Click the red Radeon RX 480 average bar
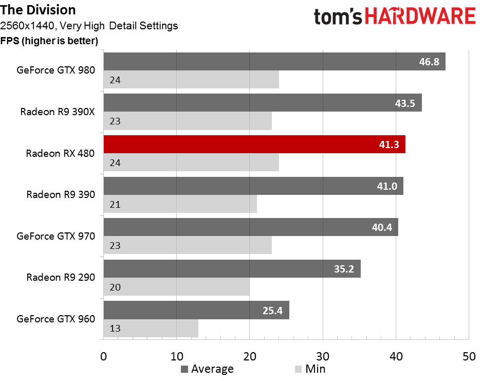coord(254,144)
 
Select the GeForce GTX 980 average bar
coord(274,62)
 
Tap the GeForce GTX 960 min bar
coord(151,329)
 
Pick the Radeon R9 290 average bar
coord(232,269)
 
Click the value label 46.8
coord(429,62)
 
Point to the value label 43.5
coord(405,103)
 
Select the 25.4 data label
coord(272,311)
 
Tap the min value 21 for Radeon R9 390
coord(115,205)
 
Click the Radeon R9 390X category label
coord(58,112)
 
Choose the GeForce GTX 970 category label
coord(55,236)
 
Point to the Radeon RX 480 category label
coord(60,153)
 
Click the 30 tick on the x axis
coord(323,356)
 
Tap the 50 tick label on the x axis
coord(469,356)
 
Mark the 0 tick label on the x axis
coord(104,356)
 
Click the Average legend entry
coord(207,369)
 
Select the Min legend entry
coord(310,369)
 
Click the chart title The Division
coord(38,10)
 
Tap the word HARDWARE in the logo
coord(420,16)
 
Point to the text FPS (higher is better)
coord(49,41)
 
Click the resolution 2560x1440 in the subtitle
coord(28,26)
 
